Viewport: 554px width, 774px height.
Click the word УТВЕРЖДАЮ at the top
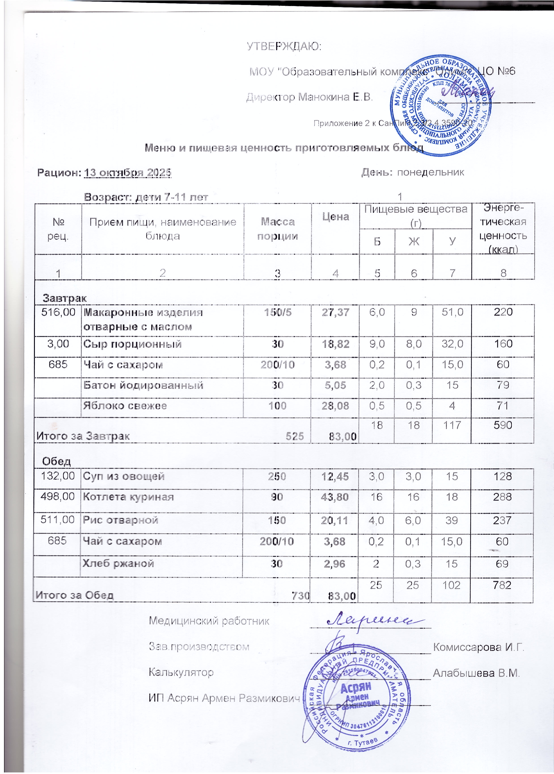click(x=284, y=46)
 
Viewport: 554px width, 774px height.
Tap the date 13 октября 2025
click(x=128, y=172)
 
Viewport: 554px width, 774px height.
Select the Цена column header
click(x=335, y=217)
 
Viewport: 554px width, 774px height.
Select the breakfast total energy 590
click(x=503, y=425)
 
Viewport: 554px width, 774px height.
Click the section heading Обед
click(x=57, y=461)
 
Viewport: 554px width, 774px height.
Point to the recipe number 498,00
click(x=57, y=496)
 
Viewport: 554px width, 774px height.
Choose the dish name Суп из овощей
click(x=123, y=476)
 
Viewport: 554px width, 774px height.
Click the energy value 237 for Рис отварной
click(x=502, y=520)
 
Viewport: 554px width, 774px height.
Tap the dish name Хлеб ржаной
click(x=118, y=563)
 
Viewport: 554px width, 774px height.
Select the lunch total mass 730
click(x=300, y=595)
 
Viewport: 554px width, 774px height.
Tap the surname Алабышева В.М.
click(x=476, y=673)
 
